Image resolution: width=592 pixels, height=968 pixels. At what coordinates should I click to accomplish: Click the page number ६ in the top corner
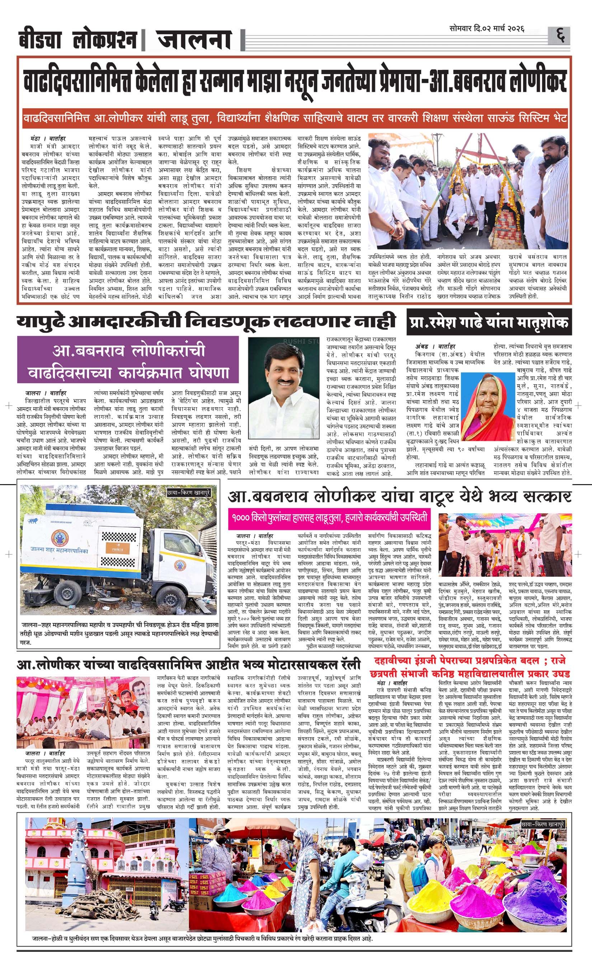[560, 36]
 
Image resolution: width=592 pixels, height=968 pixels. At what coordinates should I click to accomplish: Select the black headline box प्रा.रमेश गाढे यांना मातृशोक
[489, 323]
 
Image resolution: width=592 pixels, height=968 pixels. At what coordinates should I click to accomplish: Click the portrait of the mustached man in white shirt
[284, 389]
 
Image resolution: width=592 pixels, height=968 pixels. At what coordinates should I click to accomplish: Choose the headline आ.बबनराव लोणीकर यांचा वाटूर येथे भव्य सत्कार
[399, 497]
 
